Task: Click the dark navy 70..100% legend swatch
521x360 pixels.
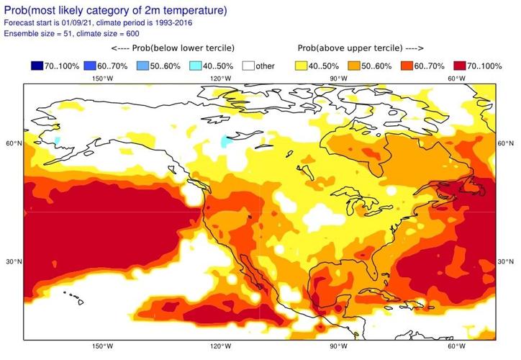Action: click(38, 66)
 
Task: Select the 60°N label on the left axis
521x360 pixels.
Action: click(14, 144)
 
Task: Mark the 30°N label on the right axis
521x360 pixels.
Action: click(507, 262)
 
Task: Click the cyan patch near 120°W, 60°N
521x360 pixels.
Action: click(228, 139)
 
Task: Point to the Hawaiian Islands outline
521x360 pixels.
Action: click(72, 295)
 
